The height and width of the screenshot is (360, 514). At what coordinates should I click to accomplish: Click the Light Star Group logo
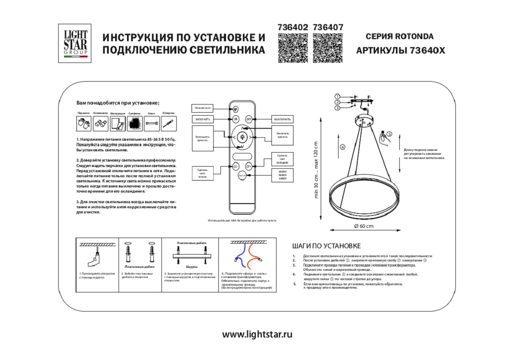(75, 43)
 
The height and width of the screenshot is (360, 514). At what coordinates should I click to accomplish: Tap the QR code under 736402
(292, 48)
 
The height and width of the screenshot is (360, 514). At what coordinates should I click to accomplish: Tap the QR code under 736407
(327, 48)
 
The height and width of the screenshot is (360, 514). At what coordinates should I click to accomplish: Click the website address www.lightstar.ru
(257, 334)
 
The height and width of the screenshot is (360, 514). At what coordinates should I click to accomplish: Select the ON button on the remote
(236, 119)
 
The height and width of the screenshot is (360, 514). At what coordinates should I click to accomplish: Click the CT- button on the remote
(236, 167)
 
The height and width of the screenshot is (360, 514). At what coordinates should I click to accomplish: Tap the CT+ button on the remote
(249, 167)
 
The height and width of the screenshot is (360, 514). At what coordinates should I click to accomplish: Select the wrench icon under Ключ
(151, 124)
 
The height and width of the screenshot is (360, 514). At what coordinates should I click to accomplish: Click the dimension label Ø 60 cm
(363, 226)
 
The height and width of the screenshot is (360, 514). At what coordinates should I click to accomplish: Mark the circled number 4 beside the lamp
(342, 147)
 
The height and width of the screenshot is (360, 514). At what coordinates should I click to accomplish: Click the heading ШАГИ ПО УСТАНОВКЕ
(326, 246)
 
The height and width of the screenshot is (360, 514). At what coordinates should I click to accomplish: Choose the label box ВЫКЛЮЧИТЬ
(282, 119)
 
